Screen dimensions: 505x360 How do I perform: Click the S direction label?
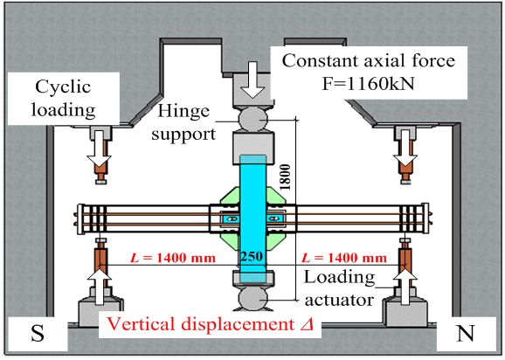point(38,333)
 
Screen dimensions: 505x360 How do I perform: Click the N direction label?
point(466,333)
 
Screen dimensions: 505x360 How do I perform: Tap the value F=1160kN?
point(369,84)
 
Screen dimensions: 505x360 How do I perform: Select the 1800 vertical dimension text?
point(286,177)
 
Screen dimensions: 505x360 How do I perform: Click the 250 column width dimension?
point(252,257)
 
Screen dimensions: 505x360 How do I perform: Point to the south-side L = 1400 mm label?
point(173,258)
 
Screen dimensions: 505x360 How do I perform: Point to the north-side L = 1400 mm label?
point(344,258)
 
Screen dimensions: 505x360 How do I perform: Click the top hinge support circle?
point(253,119)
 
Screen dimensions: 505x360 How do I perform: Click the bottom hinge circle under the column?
point(253,299)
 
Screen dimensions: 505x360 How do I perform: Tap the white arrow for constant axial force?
point(252,80)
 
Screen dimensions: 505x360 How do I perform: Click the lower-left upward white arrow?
point(100,287)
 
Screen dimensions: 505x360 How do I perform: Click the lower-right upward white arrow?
point(405,287)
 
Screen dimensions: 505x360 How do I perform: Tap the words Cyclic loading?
point(64,98)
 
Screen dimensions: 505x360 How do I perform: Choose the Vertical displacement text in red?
point(200,324)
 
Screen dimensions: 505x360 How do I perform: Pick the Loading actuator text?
point(340,288)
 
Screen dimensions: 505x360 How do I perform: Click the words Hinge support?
point(183,122)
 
